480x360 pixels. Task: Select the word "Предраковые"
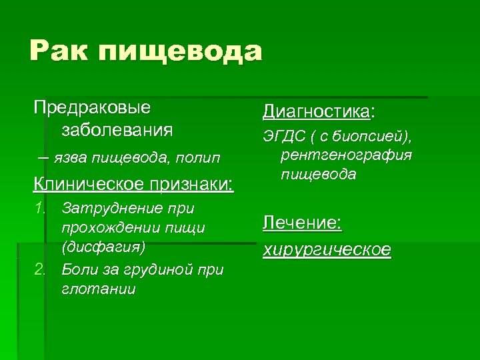point(93,107)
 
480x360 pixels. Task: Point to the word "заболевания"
point(117,129)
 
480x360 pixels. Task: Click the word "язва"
point(70,157)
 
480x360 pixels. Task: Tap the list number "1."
point(42,209)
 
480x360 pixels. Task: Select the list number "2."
point(42,269)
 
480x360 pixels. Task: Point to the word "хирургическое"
point(327,249)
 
